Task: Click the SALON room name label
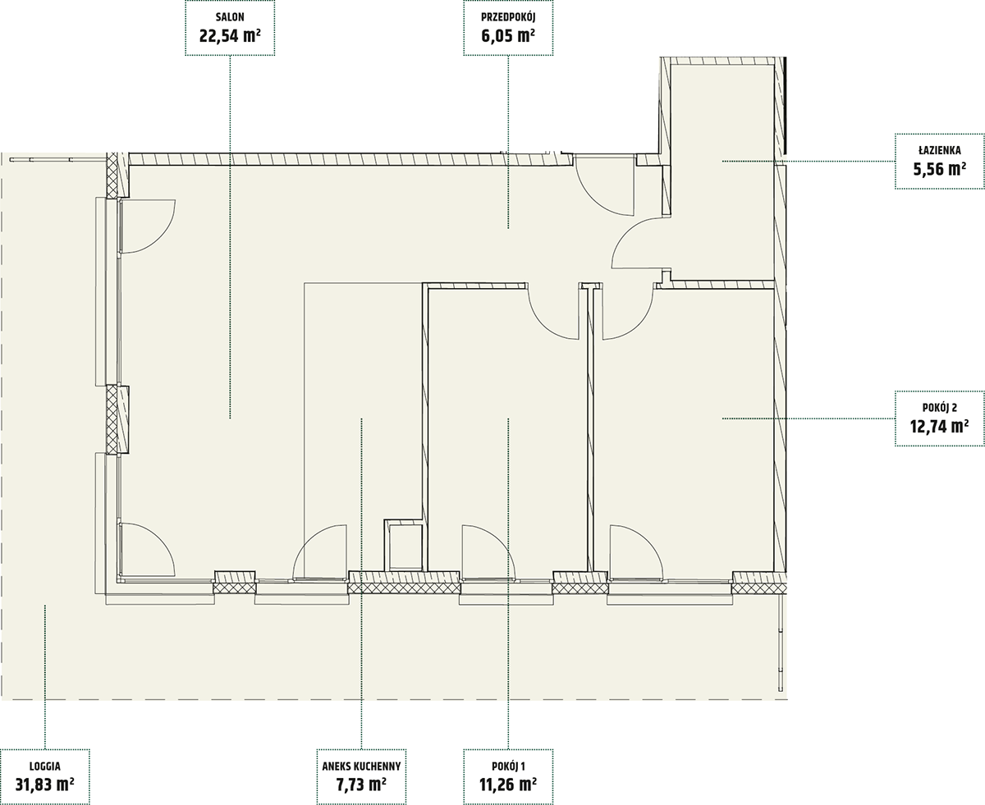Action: coord(230,17)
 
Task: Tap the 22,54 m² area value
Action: coord(230,36)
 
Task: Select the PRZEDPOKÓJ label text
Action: coord(508,17)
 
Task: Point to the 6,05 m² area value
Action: coord(508,36)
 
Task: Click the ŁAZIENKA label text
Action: coord(940,150)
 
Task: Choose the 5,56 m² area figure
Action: coord(940,169)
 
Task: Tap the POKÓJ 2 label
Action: coord(940,408)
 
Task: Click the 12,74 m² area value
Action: coord(940,427)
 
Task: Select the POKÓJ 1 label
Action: coord(508,766)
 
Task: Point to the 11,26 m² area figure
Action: coord(508,785)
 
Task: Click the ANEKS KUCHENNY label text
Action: coord(361,766)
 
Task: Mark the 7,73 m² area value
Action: coord(361,785)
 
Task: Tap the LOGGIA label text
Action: coord(45,766)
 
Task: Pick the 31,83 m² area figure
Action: coord(45,785)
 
